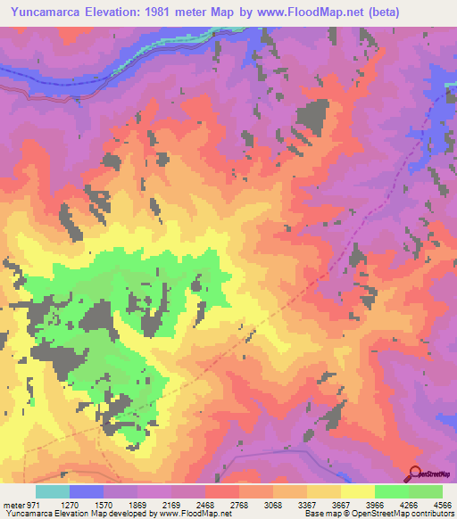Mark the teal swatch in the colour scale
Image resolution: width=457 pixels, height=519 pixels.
pos(53,491)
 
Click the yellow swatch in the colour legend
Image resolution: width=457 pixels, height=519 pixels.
pos(358,491)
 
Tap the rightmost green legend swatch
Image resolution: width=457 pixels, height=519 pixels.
pos(426,491)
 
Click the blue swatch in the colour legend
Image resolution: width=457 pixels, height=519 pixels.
pos(87,491)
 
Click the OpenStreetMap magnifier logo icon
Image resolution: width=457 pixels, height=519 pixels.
pos(414,473)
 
